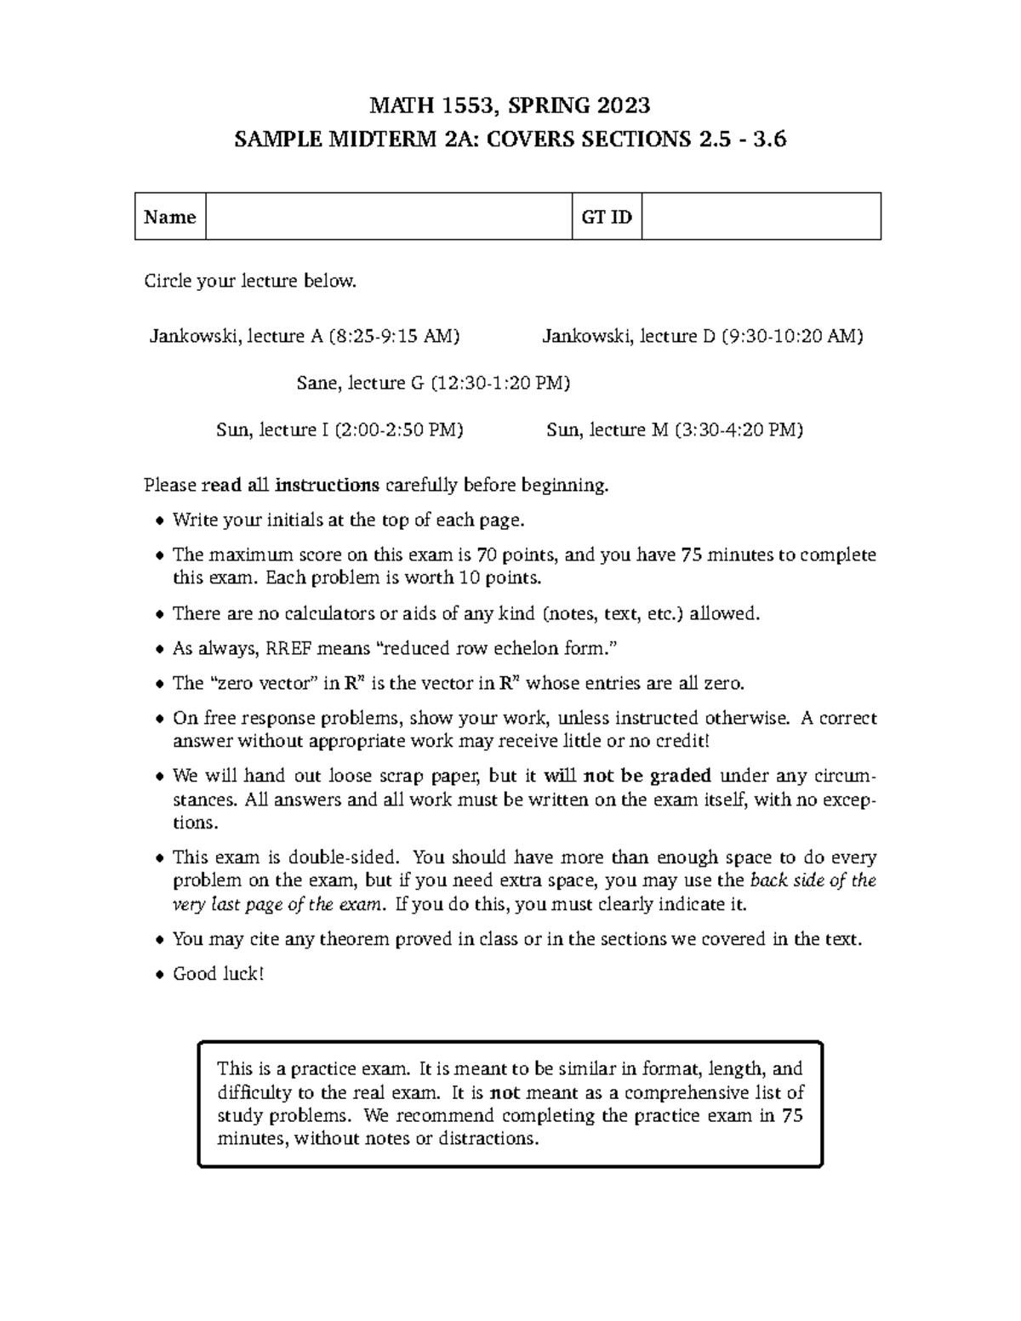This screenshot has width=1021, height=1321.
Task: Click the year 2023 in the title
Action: [623, 105]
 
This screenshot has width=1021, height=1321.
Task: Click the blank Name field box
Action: [388, 217]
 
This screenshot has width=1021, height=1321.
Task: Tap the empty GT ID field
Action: [761, 217]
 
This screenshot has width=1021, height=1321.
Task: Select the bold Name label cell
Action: [170, 217]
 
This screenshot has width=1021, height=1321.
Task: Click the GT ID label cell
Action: [607, 217]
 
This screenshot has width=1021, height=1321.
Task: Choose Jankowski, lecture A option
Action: [305, 336]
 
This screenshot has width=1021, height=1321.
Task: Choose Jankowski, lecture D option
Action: [702, 336]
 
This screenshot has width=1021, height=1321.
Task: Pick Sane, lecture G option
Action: [433, 383]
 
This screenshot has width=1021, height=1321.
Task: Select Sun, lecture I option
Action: [339, 430]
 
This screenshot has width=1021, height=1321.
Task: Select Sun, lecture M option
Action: [674, 430]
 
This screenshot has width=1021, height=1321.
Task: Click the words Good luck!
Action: [219, 974]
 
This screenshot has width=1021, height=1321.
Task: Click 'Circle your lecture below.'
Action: [250, 281]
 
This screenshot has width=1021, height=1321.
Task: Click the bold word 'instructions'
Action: [327, 486]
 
